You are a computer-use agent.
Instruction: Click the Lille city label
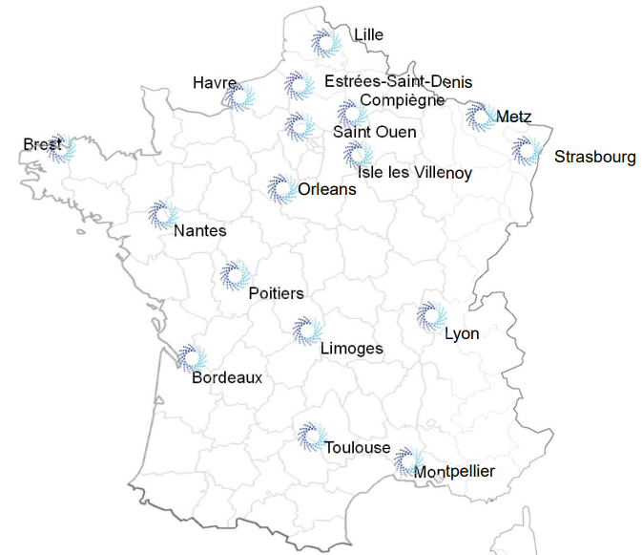368,35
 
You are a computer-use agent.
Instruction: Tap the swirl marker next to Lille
326,43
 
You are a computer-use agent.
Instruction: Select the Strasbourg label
594,157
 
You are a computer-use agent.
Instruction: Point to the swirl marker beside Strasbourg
526,150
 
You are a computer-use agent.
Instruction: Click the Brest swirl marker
62,148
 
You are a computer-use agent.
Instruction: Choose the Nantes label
200,230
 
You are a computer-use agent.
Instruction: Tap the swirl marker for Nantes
163,215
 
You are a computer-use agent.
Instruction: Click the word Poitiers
276,293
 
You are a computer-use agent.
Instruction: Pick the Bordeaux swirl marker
191,358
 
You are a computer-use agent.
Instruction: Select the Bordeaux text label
227,377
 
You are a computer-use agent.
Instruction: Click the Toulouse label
357,448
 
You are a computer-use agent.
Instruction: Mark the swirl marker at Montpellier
407,460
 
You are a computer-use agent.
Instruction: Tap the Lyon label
462,333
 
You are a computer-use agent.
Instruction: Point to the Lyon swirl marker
431,316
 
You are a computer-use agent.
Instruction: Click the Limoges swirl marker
307,331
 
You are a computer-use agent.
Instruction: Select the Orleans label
326,189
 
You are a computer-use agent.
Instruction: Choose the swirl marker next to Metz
480,117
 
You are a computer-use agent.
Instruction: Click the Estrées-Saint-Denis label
398,82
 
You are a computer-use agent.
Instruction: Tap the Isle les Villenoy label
415,172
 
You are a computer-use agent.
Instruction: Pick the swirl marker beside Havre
239,96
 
